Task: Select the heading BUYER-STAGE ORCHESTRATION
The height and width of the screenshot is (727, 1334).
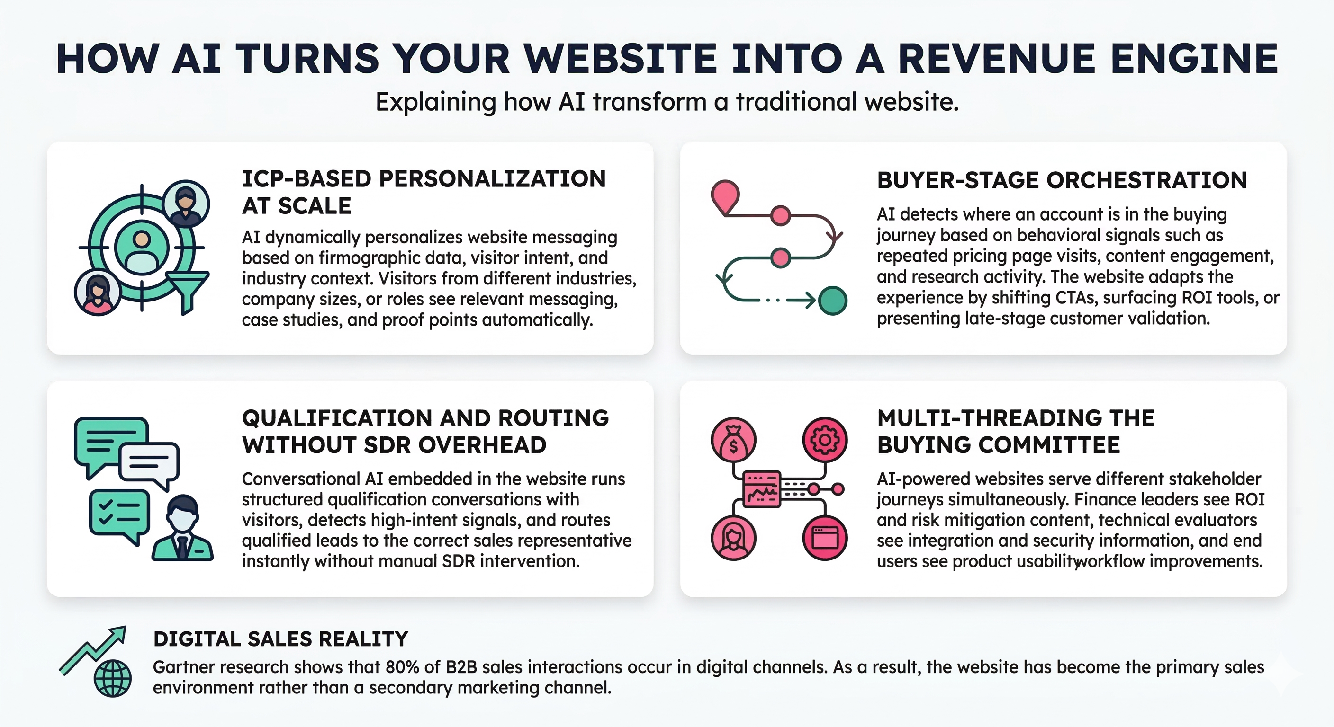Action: click(x=1062, y=180)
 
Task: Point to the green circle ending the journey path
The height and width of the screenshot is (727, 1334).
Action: click(x=832, y=301)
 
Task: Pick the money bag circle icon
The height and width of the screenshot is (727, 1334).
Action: click(x=733, y=440)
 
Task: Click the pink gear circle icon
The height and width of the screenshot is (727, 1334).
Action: click(x=824, y=440)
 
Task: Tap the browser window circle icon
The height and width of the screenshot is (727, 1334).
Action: click(x=824, y=538)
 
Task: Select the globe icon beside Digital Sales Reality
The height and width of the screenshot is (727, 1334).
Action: click(x=112, y=678)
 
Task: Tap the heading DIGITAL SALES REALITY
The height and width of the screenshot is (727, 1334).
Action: click(x=280, y=639)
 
